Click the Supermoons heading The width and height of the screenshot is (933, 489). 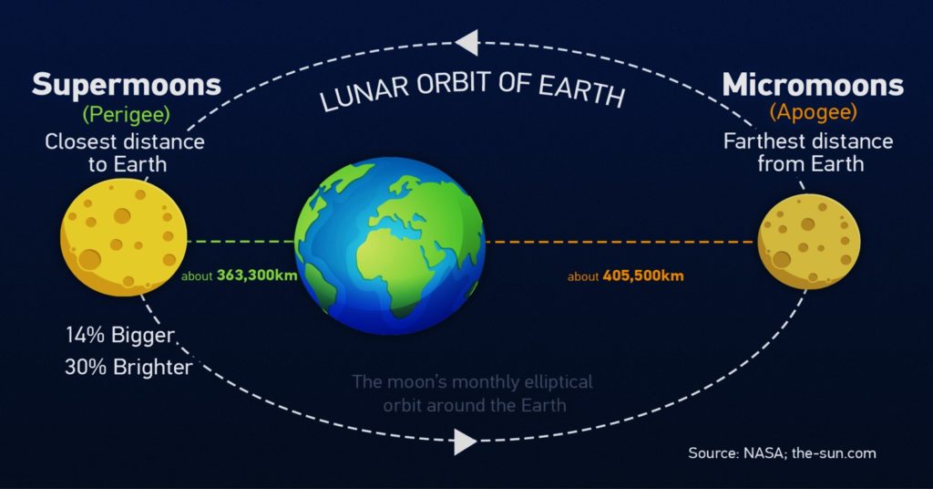(x=126, y=84)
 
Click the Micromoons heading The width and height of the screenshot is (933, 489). (x=812, y=85)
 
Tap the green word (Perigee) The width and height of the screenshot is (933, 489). (x=126, y=114)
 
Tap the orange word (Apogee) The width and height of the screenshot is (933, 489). (x=813, y=111)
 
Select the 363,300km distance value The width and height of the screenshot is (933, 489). (x=256, y=276)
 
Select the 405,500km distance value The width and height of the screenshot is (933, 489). (x=642, y=276)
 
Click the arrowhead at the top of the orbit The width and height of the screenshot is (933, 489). (x=466, y=43)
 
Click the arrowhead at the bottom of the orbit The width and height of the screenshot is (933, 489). (x=466, y=442)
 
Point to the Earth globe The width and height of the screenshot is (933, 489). (x=390, y=244)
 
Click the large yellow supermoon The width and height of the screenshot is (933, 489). (x=124, y=237)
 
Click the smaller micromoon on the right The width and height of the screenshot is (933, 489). (x=809, y=241)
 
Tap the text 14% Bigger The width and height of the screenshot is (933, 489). (x=119, y=335)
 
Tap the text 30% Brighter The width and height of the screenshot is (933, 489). (x=128, y=367)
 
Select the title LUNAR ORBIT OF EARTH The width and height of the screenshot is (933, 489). (x=472, y=90)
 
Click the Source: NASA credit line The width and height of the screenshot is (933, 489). (x=782, y=453)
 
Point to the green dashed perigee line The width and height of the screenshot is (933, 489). (x=241, y=242)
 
